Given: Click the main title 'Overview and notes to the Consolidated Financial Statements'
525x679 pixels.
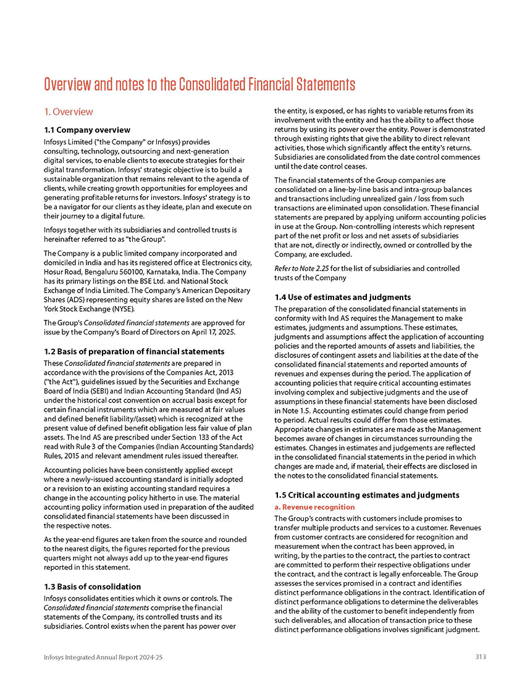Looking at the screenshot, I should (x=199, y=84).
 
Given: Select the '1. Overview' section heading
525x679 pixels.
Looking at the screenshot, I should (x=68, y=112).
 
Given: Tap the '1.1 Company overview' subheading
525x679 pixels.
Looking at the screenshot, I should (x=87, y=130).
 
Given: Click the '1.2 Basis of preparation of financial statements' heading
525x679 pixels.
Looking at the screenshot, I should (x=133, y=351).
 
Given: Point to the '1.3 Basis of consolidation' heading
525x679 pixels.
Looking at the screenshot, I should (x=92, y=586).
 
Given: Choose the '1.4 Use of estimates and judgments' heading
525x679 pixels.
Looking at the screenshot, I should (x=342, y=297).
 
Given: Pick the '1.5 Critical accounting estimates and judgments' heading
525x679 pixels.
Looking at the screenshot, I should (x=367, y=495).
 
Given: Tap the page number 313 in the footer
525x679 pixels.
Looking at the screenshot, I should (x=481, y=657).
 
